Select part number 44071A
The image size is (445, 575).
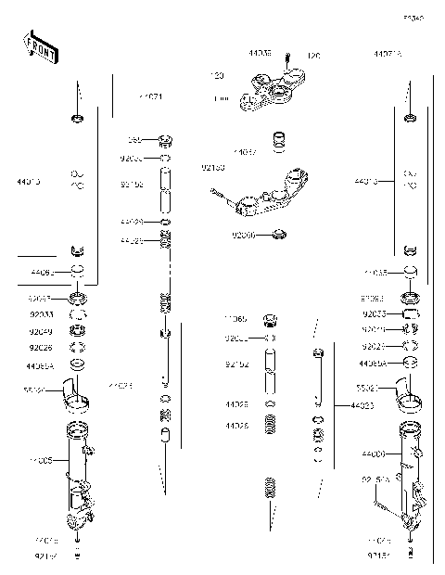coord(388,55)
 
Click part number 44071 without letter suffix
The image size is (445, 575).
coord(151,96)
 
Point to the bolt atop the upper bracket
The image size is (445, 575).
coord(287,58)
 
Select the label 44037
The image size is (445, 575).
coord(245,151)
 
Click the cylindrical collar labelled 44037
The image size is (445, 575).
coord(278,142)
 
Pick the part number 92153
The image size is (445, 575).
coord(212,168)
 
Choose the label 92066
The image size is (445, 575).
coord(245,236)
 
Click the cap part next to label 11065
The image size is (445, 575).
coord(273,321)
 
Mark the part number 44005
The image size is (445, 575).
coord(40,459)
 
